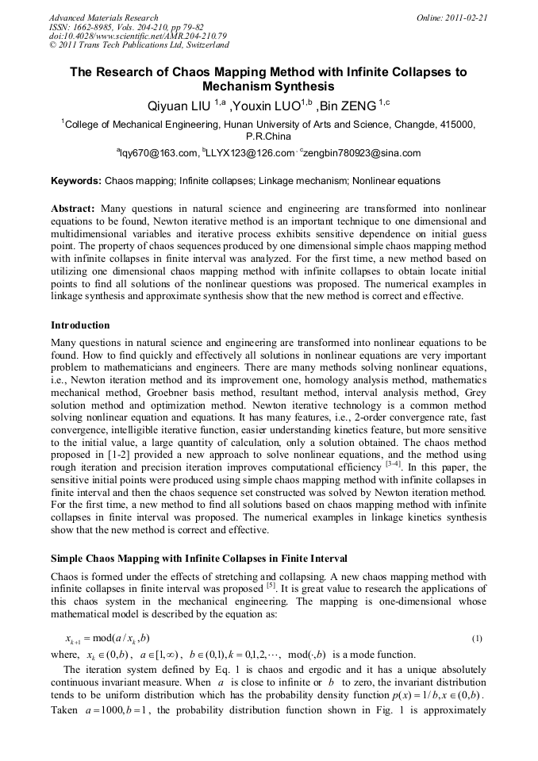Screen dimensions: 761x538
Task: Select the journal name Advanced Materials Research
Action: [x=104, y=17]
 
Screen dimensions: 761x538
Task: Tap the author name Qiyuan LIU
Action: [x=177, y=106]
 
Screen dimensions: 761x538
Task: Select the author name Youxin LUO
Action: [x=263, y=106]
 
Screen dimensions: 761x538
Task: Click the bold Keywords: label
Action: [x=76, y=182]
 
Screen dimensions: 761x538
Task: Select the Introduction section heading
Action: [x=80, y=325]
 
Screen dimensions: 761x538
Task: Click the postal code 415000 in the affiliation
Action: [x=459, y=125]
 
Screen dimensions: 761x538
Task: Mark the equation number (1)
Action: [x=477, y=638]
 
